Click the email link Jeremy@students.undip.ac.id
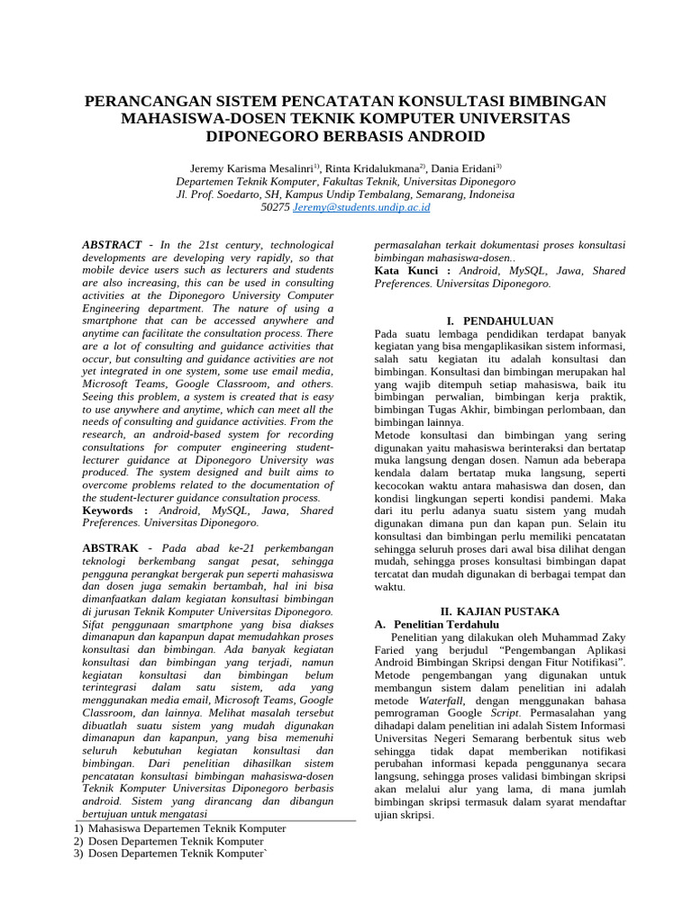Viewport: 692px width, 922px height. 362,207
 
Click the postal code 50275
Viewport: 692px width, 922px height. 275,207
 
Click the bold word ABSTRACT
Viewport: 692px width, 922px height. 112,245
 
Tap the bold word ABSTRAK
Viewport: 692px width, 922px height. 111,548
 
